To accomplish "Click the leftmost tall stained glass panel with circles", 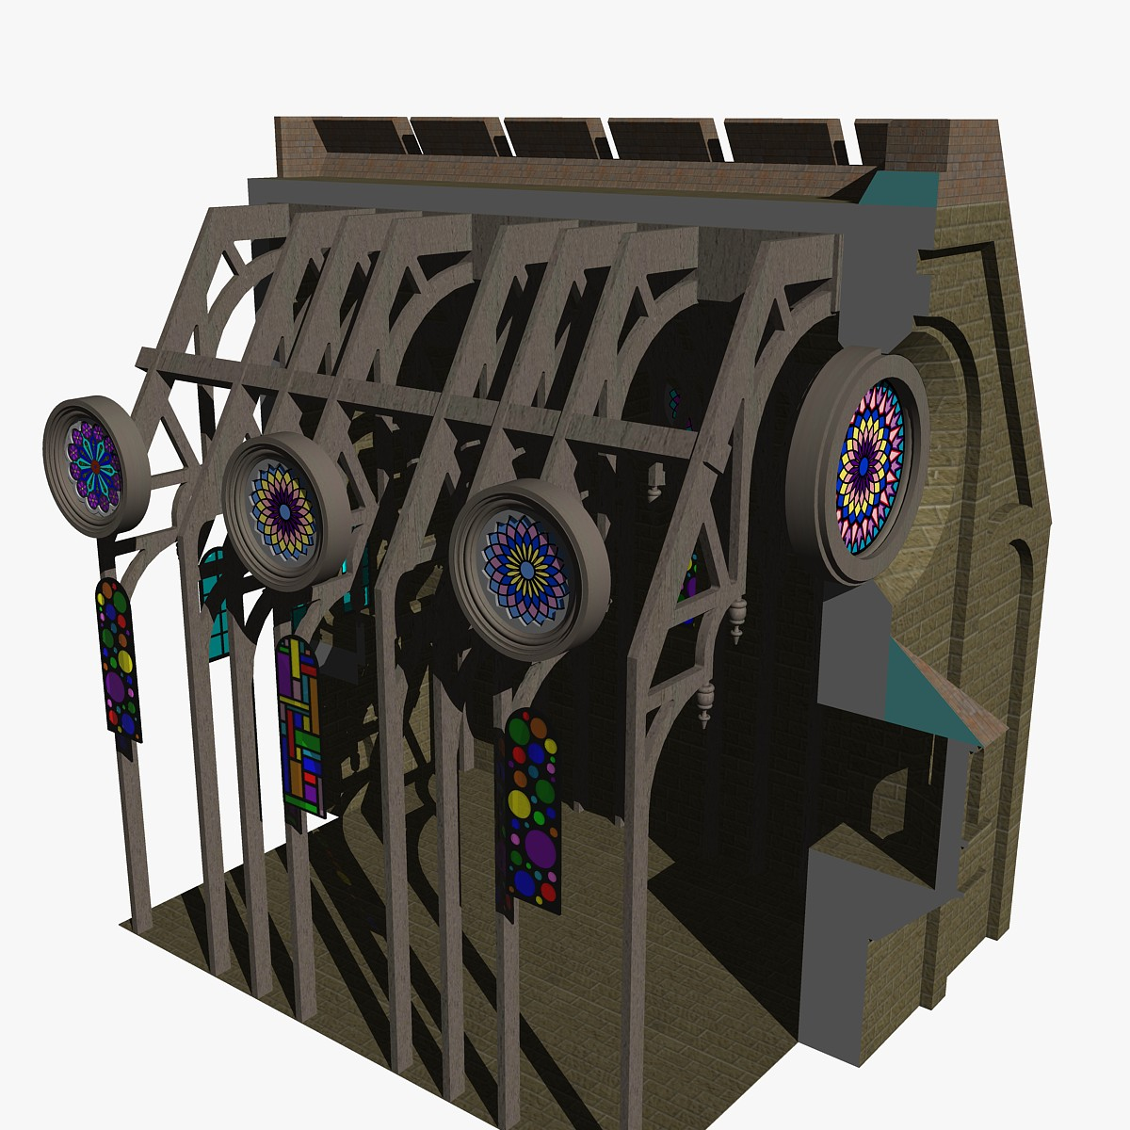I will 118,659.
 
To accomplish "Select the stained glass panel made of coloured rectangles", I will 299,725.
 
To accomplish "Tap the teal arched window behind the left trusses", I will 215,603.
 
